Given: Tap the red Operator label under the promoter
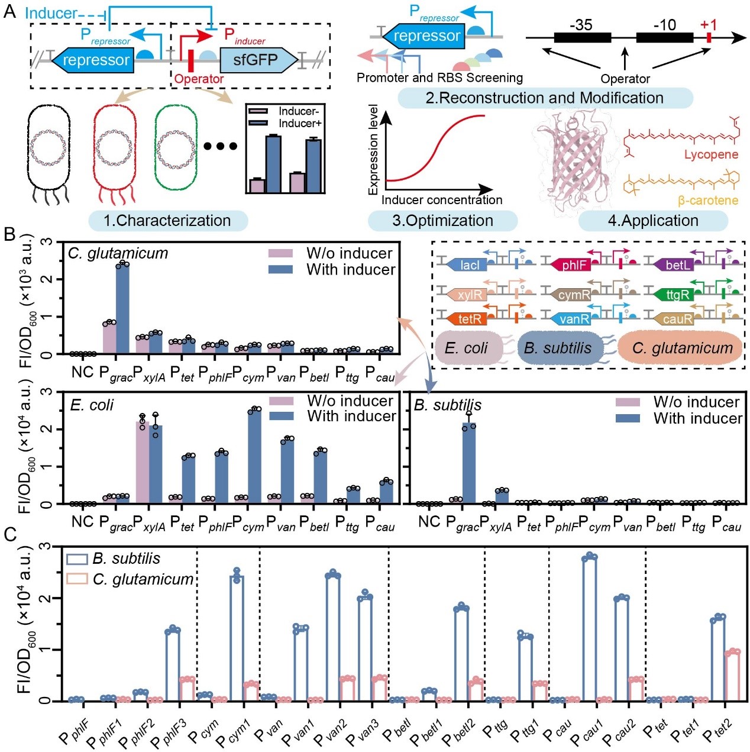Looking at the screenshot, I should click(x=199, y=79).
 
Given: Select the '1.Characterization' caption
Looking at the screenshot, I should click(x=167, y=221).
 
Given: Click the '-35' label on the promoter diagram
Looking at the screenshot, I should click(x=581, y=25).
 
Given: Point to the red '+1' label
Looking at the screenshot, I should click(x=708, y=25).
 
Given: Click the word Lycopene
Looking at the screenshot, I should click(x=711, y=154).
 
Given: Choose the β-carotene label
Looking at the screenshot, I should click(x=708, y=201).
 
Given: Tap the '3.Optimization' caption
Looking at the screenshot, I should click(x=442, y=221).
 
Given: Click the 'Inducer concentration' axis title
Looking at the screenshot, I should click(x=442, y=200).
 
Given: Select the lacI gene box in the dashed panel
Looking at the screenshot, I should click(x=468, y=265).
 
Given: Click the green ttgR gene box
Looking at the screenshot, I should click(x=675, y=294).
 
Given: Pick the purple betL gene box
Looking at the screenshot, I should click(x=675, y=265).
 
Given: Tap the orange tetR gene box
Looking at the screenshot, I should click(x=468, y=319).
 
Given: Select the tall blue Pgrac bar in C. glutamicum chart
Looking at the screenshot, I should click(x=122, y=309).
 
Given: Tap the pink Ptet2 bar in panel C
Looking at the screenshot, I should click(x=732, y=676).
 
